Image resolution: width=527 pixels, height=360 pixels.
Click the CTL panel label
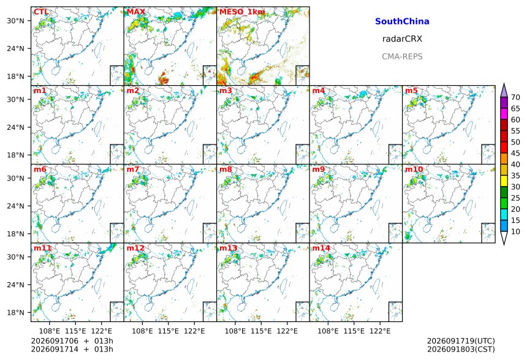(x=41, y=12)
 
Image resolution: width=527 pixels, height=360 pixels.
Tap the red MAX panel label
(x=136, y=12)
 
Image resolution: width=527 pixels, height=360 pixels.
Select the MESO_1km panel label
(x=242, y=12)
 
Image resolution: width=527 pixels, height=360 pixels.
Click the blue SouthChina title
(x=402, y=21)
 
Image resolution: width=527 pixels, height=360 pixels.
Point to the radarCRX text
(x=402, y=39)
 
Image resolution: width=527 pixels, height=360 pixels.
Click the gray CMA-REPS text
(x=402, y=56)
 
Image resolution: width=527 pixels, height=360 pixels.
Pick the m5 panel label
(x=411, y=91)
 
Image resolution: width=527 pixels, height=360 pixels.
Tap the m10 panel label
(x=414, y=169)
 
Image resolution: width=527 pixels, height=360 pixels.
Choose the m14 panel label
(x=321, y=248)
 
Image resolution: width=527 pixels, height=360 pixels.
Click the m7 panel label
(x=132, y=169)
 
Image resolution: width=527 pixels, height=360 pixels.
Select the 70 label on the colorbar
(x=515, y=97)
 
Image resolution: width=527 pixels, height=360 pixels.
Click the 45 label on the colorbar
(x=515, y=153)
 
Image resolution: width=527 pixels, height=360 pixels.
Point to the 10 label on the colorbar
(x=515, y=231)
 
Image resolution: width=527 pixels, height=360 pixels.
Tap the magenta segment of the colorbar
(x=504, y=114)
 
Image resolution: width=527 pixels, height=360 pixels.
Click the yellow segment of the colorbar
(x=504, y=181)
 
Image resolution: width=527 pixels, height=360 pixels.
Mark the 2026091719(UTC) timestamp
(x=461, y=341)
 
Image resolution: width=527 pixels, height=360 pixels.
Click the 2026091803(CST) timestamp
(x=461, y=349)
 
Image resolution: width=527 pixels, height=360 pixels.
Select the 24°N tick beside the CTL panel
(x=15, y=49)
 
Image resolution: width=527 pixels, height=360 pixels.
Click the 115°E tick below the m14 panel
(x=354, y=331)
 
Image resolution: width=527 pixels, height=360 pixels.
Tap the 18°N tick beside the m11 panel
(x=15, y=313)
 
